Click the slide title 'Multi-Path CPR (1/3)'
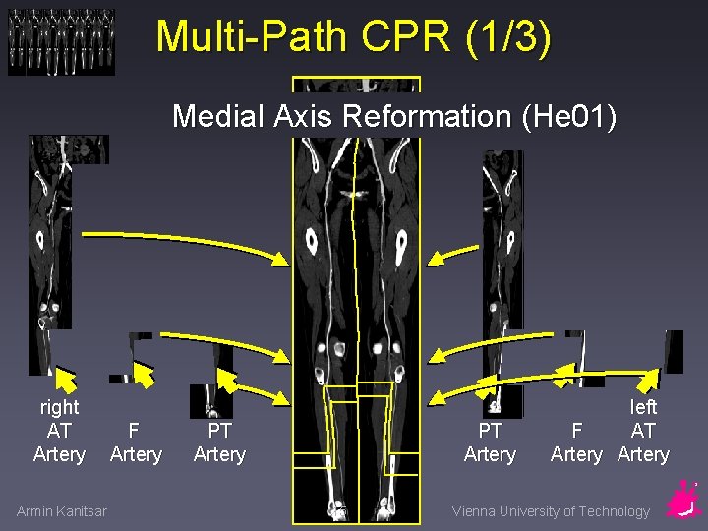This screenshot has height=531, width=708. pos(354,37)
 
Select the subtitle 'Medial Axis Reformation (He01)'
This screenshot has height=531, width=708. pos(394,117)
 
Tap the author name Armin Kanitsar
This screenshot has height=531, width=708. pos(62,510)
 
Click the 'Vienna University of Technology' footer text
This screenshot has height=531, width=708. pos(551,511)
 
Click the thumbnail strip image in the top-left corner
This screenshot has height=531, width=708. pos(61,42)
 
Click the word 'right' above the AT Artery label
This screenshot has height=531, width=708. pos(59,407)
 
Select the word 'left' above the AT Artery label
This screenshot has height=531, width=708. pos(643,407)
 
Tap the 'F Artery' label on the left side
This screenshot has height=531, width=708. pos(136,442)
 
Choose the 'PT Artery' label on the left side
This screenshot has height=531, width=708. pos(219,442)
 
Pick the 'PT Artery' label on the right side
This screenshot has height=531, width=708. pos(490,442)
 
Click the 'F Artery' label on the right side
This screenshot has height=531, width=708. pos(576,442)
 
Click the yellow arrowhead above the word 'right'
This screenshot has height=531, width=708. pos(65,378)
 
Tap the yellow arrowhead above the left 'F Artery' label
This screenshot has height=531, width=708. pos(144,375)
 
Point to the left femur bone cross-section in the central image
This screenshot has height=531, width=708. pos(311,239)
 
